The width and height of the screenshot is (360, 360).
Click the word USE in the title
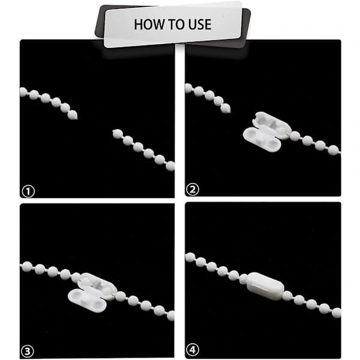click(x=200, y=25)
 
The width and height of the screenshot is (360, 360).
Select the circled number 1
click(x=28, y=191)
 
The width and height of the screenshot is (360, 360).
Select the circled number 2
click(x=192, y=190)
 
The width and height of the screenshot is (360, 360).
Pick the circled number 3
click(x=28, y=351)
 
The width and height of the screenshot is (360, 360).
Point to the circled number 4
click(x=193, y=350)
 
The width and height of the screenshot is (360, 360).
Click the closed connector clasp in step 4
click(x=265, y=286)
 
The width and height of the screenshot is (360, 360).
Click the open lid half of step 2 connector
click(x=262, y=140)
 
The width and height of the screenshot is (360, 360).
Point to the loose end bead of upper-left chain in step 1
click(x=73, y=115)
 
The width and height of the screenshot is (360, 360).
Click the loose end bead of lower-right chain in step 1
click(x=118, y=134)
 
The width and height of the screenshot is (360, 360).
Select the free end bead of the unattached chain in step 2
click(x=226, y=108)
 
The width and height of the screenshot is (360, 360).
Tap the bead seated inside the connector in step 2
click(x=282, y=131)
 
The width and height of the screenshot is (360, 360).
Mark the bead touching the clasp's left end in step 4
click(x=244, y=279)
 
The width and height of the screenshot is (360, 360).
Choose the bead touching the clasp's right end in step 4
click(x=287, y=295)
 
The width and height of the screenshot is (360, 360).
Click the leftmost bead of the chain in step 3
click(x=28, y=266)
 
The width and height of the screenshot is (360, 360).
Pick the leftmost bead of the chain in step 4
click(x=190, y=257)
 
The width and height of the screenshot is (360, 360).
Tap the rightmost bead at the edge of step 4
click(x=337, y=313)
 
